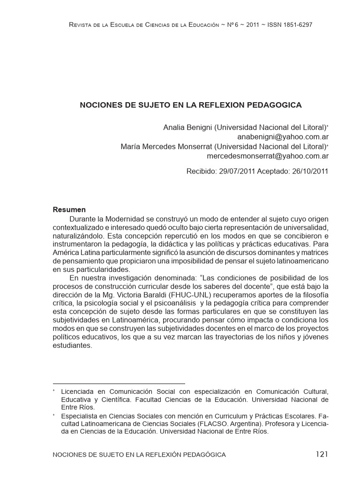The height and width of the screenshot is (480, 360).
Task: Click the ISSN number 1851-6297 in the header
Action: (293, 24)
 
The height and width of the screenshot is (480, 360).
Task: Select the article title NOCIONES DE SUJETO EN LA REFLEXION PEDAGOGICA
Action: (191, 105)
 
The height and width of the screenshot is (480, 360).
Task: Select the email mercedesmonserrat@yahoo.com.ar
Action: (268, 156)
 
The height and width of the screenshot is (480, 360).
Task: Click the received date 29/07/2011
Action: (237, 171)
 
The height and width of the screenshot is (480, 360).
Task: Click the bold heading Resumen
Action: (69, 209)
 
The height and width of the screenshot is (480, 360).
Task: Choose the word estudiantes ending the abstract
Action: (73, 345)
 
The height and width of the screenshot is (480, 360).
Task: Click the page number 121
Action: (322, 454)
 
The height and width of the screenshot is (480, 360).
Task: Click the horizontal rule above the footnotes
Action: (119, 383)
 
